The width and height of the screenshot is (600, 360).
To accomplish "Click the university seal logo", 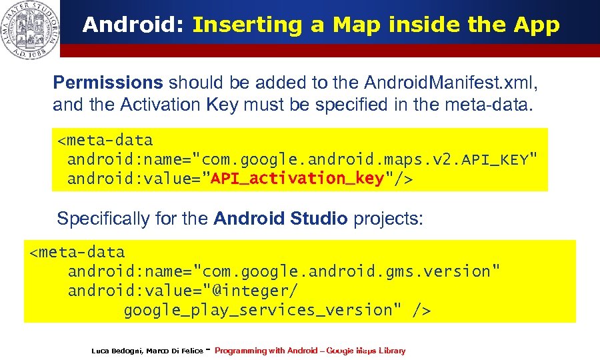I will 29,29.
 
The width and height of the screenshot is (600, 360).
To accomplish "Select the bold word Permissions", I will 107,83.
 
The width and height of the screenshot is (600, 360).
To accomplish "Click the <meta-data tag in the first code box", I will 105,141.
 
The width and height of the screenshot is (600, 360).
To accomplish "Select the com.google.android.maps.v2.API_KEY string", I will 365,160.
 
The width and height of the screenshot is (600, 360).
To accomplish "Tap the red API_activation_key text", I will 297,179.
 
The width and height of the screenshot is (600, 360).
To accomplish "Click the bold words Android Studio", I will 280,219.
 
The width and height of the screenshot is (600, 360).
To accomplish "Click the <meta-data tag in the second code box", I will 77,252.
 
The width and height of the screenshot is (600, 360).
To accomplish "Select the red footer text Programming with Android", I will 265,351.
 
